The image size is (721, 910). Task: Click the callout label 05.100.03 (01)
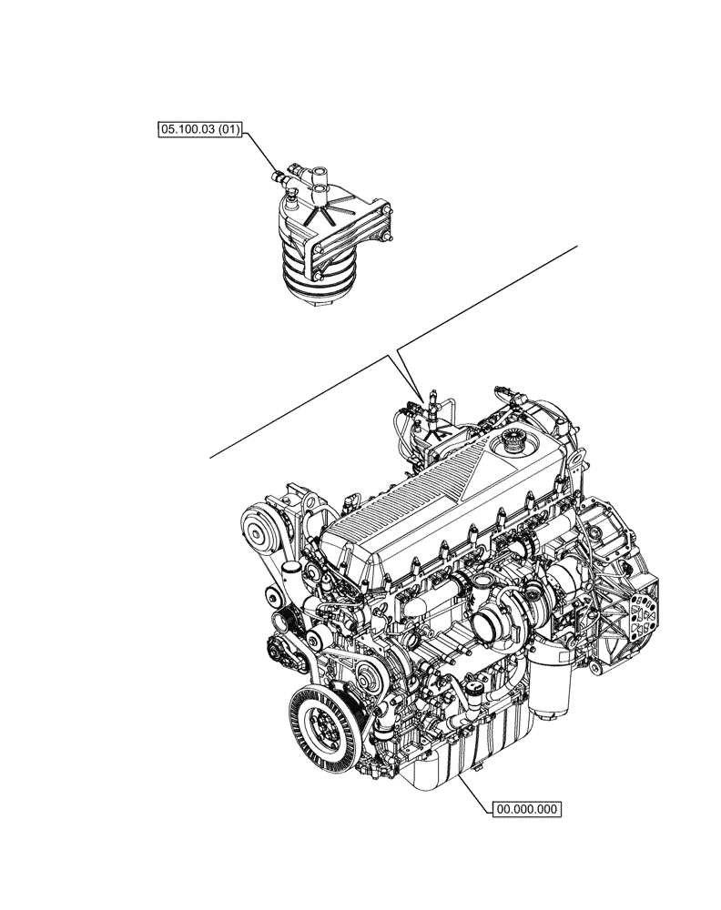[198, 131]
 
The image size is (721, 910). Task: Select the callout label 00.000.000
[527, 806]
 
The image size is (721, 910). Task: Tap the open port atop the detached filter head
[320, 189]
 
